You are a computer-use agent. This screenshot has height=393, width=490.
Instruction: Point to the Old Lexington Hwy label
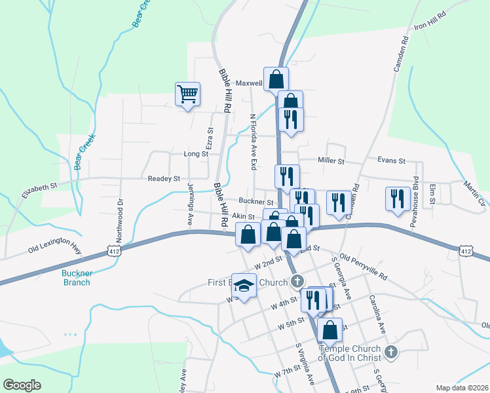pyautogui.click(x=54, y=246)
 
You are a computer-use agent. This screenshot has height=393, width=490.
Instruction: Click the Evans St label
pyautogui.click(x=392, y=160)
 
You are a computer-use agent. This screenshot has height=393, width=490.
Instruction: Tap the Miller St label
pyautogui.click(x=331, y=160)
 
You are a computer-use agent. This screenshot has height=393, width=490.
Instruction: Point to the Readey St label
pyautogui.click(x=164, y=178)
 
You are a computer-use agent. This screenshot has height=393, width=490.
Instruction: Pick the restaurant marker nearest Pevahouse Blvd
pyautogui.click(x=398, y=200)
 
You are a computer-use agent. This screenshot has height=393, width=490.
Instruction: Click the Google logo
pyautogui.click(x=22, y=385)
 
